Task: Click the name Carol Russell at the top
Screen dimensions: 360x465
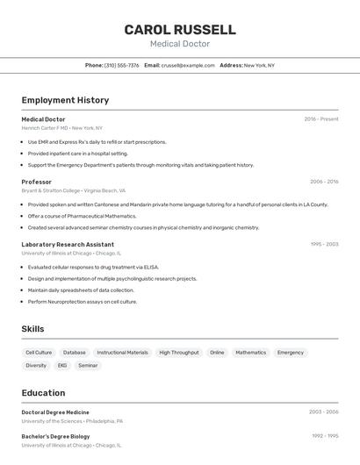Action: (180, 29)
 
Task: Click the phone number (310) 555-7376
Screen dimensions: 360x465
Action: (121, 65)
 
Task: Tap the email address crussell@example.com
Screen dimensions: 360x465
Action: (188, 65)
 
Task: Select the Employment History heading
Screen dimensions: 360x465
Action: (65, 100)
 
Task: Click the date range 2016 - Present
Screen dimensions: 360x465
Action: (321, 118)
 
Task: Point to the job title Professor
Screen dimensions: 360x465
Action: (37, 182)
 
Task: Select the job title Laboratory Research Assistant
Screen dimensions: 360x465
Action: (68, 244)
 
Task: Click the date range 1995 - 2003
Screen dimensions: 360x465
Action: (324, 244)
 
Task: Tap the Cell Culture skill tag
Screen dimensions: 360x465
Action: (39, 353)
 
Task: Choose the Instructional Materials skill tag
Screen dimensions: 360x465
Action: (122, 353)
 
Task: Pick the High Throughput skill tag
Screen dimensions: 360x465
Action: (178, 353)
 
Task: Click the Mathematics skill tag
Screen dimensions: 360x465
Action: (250, 353)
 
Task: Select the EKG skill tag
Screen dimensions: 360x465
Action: (62, 365)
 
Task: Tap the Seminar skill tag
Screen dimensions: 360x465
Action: (88, 365)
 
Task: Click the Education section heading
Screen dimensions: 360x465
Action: (43, 393)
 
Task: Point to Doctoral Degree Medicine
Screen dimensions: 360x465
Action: (55, 411)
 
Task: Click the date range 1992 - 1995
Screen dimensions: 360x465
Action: (324, 436)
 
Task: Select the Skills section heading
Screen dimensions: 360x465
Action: (32, 329)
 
